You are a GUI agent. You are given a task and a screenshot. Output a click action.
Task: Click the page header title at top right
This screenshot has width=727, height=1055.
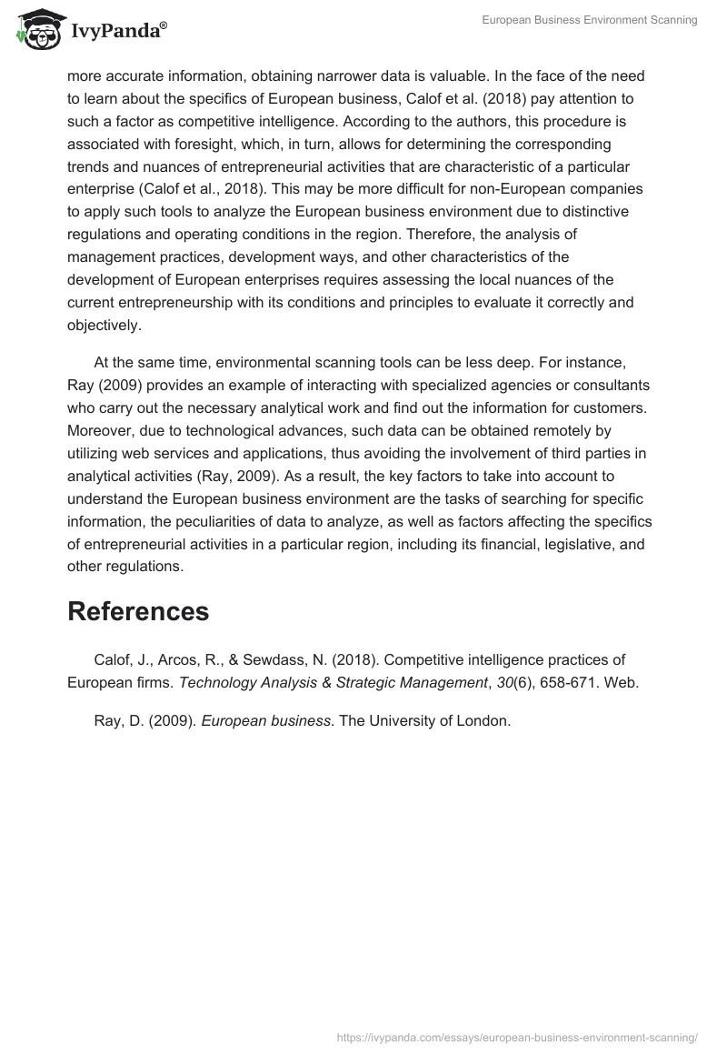(x=590, y=21)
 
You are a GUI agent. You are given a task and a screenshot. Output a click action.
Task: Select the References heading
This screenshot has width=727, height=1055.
(x=138, y=611)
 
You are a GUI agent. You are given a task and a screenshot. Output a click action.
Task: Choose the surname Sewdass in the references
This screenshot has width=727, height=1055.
(x=274, y=659)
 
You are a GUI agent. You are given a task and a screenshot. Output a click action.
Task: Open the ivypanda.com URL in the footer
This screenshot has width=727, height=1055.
(x=516, y=1037)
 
